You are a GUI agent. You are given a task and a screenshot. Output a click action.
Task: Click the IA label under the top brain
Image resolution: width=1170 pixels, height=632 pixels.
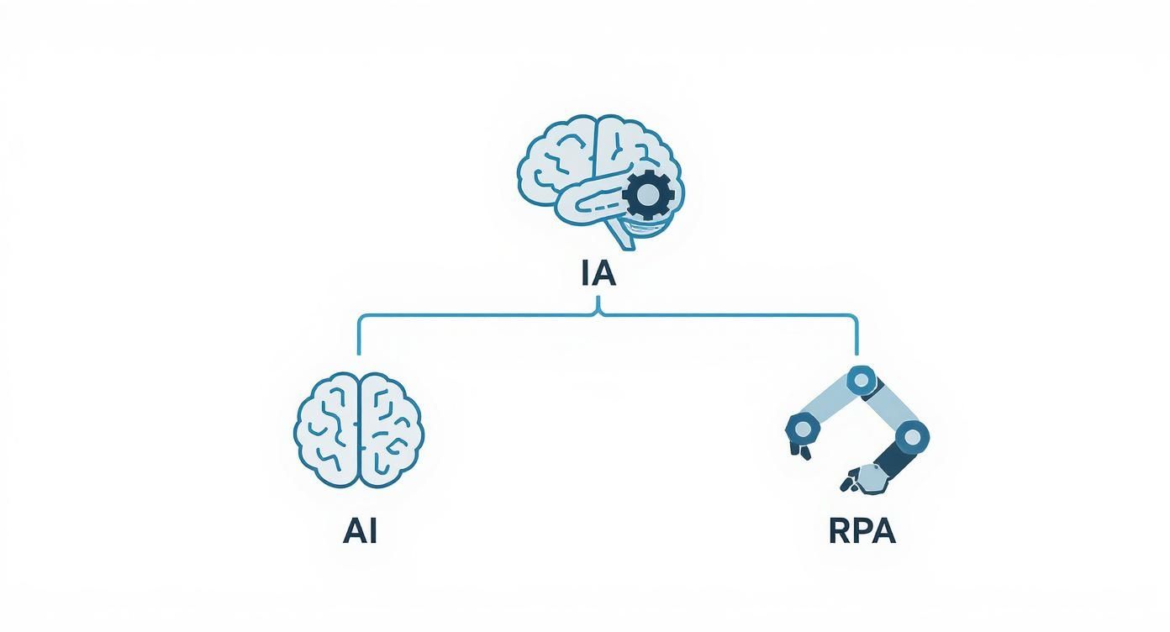click(598, 274)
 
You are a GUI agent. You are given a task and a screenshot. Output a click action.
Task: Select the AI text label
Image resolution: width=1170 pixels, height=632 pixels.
click(360, 531)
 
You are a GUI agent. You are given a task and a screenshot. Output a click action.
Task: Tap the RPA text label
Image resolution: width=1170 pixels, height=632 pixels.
click(862, 531)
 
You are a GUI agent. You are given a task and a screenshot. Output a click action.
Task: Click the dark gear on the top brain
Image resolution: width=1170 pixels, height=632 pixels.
click(647, 196)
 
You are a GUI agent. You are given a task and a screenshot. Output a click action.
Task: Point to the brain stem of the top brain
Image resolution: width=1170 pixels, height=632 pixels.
click(621, 236)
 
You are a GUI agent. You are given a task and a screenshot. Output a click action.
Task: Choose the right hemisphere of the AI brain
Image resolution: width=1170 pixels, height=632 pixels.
click(391, 429)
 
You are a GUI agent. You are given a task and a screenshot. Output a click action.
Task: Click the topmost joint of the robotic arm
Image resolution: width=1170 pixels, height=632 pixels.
click(860, 381)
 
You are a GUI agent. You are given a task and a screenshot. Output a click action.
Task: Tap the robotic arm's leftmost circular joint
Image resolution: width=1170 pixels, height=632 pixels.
click(803, 429)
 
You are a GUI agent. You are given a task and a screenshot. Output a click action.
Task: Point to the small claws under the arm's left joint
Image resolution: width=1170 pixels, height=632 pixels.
click(798, 450)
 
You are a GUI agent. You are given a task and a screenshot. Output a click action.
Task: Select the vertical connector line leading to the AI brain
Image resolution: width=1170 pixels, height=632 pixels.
click(360, 336)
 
